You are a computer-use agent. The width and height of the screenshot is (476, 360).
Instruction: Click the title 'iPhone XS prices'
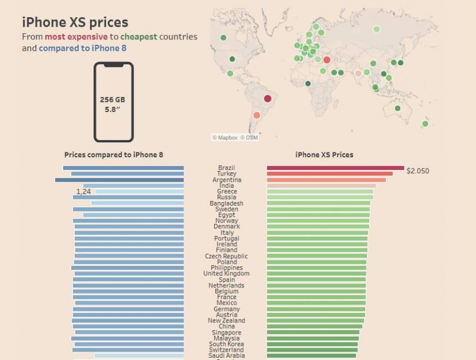pyautogui.click(x=75, y=22)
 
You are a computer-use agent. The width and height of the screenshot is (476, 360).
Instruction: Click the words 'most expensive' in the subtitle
pyautogui.click(x=84, y=37)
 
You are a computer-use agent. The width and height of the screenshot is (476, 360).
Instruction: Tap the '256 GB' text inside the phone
pyautogui.click(x=112, y=100)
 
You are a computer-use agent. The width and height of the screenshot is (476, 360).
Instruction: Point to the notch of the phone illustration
pyautogui.click(x=113, y=65)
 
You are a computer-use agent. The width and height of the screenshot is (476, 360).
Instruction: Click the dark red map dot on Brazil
pyautogui.click(x=268, y=99)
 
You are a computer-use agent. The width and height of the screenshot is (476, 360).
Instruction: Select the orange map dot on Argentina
pyautogui.click(x=256, y=115)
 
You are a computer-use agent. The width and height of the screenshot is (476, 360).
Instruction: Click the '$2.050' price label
pyautogui.click(x=417, y=171)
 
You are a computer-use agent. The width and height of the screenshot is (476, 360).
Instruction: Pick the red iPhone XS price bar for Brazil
pyautogui.click(x=335, y=168)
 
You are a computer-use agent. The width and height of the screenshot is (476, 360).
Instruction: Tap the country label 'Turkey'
pyautogui.click(x=227, y=174)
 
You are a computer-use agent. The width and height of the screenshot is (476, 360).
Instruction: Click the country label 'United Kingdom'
pyautogui.click(x=226, y=274)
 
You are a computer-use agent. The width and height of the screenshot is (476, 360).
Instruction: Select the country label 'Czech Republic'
pyautogui.click(x=226, y=256)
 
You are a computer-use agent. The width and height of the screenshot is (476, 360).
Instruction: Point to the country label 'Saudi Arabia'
pyautogui.click(x=226, y=356)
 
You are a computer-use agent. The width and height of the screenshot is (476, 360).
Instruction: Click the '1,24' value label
pyautogui.click(x=84, y=192)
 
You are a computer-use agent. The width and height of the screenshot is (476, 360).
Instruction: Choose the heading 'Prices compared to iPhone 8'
pyautogui.click(x=113, y=155)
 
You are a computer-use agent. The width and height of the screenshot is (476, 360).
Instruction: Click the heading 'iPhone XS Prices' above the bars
pyautogui.click(x=324, y=155)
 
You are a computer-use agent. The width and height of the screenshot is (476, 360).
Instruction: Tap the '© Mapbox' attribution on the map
pyautogui.click(x=225, y=137)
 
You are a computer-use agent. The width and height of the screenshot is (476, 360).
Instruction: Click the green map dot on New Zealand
pyautogui.click(x=425, y=124)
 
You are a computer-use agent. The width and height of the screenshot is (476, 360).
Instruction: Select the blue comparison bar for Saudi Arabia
pyautogui.click(x=139, y=356)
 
